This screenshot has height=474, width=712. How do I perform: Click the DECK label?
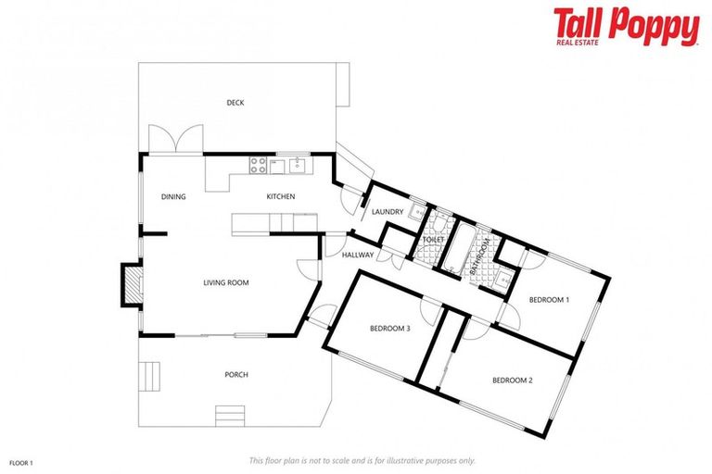click(235, 103)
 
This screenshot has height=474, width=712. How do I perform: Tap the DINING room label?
click(173, 196)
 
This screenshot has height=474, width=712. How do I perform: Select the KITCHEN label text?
click(281, 196)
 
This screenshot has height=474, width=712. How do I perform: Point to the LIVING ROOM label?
click(226, 282)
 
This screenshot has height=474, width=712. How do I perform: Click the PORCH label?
click(236, 374)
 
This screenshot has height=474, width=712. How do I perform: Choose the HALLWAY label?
click(358, 255)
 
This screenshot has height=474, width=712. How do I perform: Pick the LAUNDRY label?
click(388, 212)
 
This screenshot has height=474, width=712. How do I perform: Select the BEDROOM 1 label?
click(549, 299)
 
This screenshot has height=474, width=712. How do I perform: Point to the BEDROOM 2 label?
click(513, 380)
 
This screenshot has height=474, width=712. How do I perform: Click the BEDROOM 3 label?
click(389, 328)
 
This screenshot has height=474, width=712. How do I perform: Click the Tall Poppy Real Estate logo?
click(626, 26)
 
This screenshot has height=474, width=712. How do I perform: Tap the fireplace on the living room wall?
click(133, 284)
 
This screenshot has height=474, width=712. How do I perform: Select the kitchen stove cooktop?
click(258, 167)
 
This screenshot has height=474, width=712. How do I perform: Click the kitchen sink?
click(299, 166)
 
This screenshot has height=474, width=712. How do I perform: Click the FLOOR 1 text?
click(21, 460)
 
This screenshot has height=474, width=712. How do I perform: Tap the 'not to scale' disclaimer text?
click(362, 460)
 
